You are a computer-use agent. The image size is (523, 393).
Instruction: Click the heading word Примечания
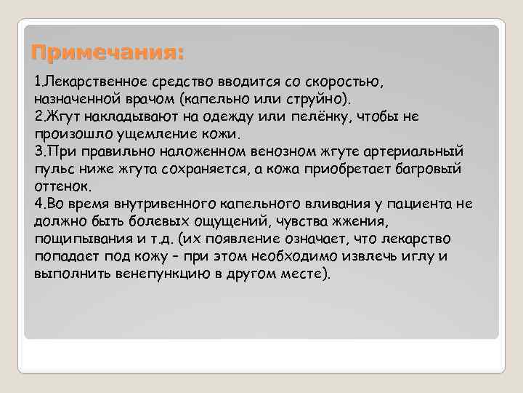(108, 53)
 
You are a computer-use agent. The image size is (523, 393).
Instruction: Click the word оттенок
(61, 186)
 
